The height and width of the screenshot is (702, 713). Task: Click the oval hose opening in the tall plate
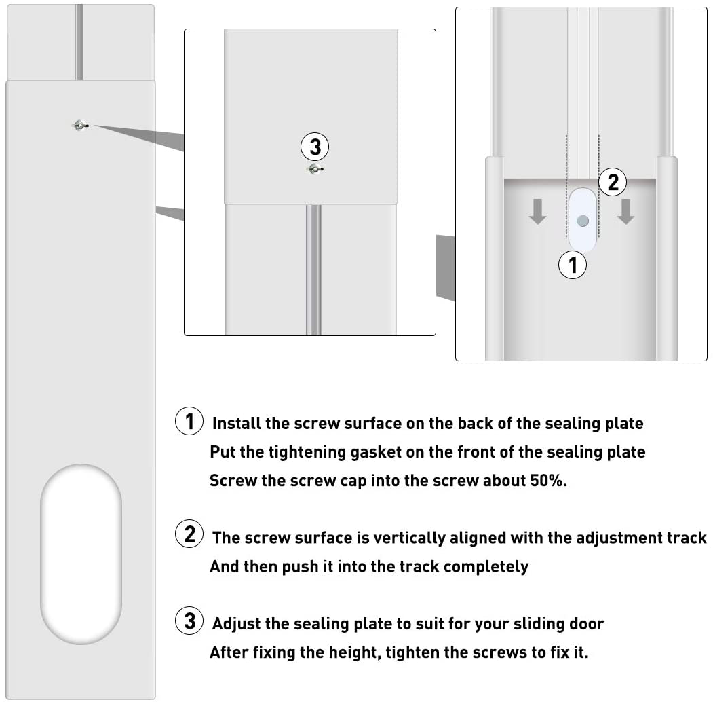[81, 554]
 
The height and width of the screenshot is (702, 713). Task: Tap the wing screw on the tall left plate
[81, 125]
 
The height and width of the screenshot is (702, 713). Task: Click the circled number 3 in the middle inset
[315, 147]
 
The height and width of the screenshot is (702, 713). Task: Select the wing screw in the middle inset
[314, 168]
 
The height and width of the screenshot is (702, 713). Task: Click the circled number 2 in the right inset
[613, 181]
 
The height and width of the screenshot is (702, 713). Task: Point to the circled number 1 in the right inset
[573, 265]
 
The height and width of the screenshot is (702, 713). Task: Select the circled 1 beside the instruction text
[189, 421]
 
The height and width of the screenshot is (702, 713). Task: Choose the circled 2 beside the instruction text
[189, 534]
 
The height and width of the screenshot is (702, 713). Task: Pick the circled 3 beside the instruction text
[189, 621]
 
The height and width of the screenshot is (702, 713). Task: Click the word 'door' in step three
[585, 623]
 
